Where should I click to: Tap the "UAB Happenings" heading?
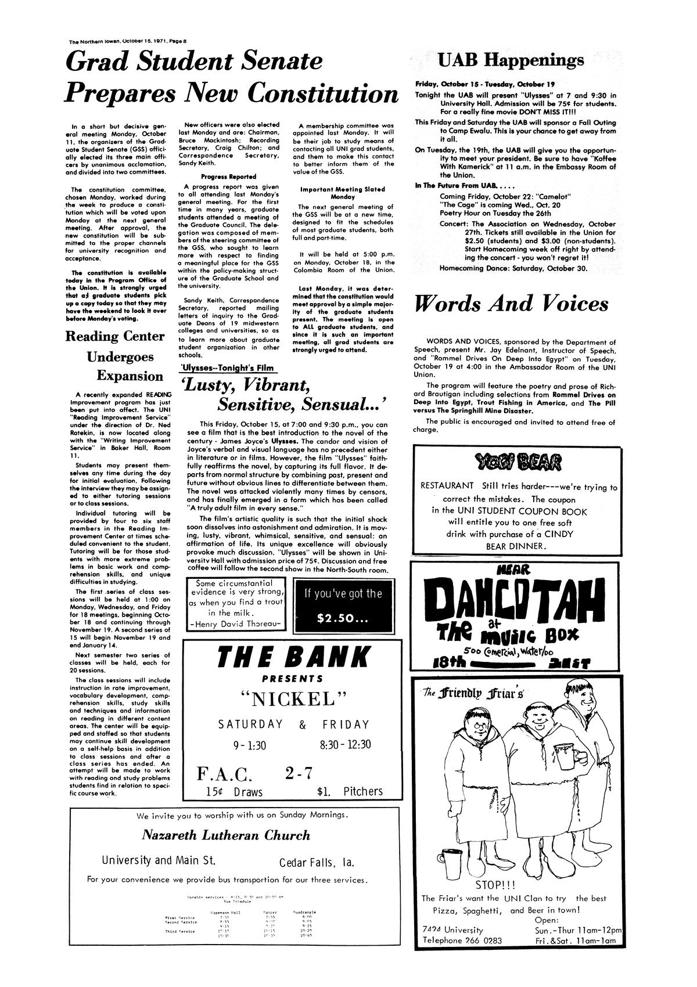pyautogui.click(x=511, y=60)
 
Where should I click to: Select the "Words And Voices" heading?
pyautogui.click(x=511, y=304)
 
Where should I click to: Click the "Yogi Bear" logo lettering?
pyautogui.click(x=518, y=463)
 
